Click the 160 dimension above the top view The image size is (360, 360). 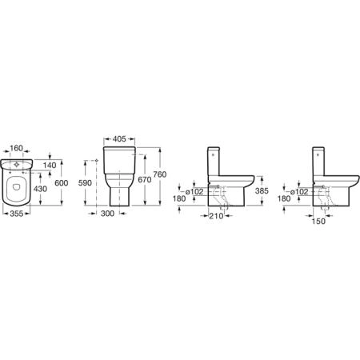click(x=16, y=148)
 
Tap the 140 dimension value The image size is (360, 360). click(x=50, y=165)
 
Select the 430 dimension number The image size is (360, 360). click(x=40, y=189)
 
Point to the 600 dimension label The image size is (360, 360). click(x=62, y=183)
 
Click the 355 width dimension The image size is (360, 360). click(x=16, y=214)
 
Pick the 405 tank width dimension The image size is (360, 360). click(x=119, y=139)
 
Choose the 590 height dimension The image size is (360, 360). click(x=85, y=182)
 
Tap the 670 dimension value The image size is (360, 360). click(x=145, y=180)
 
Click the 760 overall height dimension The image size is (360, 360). click(x=160, y=174)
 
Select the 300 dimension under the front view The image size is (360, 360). click(x=107, y=214)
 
